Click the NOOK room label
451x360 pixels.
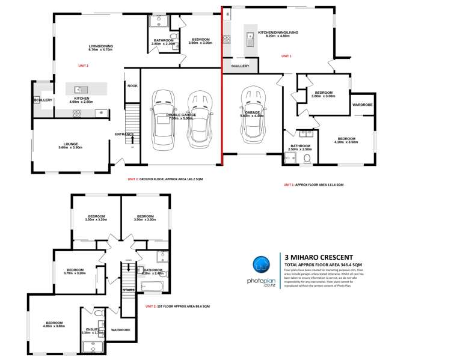[132, 86]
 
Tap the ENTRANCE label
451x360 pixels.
[124, 134]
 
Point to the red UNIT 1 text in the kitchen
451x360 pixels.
[286, 56]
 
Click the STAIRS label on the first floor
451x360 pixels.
[129, 290]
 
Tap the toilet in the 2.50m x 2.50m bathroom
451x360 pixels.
[308, 158]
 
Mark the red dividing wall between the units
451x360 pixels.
[222, 90]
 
